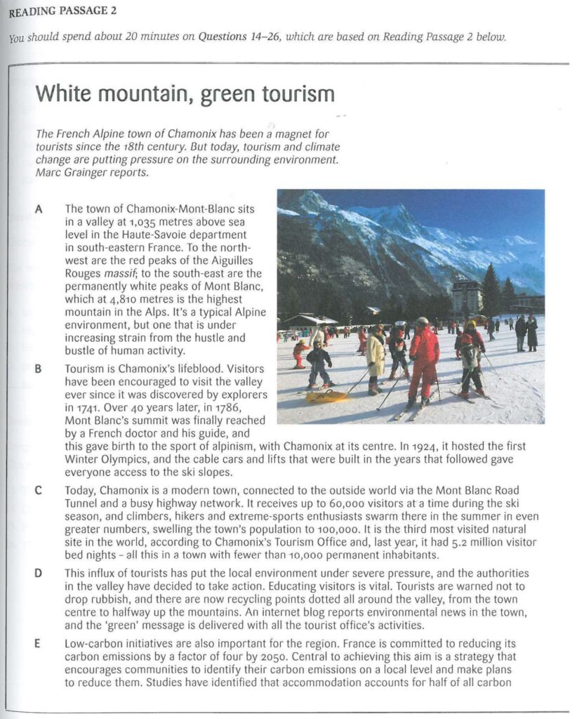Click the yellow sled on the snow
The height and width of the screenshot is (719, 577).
tap(327, 397)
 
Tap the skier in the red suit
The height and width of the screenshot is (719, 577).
tap(423, 362)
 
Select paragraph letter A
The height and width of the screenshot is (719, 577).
tap(38, 209)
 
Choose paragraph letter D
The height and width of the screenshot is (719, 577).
tap(38, 574)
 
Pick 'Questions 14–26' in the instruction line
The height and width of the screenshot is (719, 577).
tap(240, 37)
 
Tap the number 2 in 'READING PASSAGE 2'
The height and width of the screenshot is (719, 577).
tap(113, 11)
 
